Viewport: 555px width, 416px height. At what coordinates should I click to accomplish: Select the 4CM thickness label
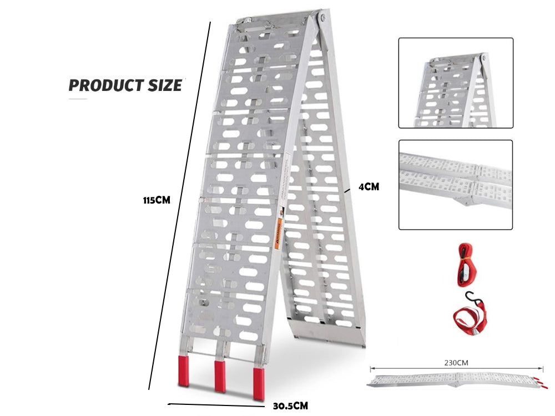(369, 187)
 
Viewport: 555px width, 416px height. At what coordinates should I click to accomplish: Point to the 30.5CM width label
(290, 406)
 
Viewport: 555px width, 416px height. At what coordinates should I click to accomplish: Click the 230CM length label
(456, 363)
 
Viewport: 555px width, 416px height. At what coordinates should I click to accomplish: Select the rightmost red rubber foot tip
(259, 383)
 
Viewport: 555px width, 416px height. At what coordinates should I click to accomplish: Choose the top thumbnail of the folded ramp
(456, 83)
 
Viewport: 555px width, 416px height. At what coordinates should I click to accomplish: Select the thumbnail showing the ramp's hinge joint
(456, 185)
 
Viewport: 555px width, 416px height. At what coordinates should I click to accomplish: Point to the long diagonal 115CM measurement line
(179, 205)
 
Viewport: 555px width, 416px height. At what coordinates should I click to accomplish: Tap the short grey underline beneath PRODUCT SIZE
(78, 99)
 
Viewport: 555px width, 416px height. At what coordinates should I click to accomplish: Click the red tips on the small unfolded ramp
(539, 382)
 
